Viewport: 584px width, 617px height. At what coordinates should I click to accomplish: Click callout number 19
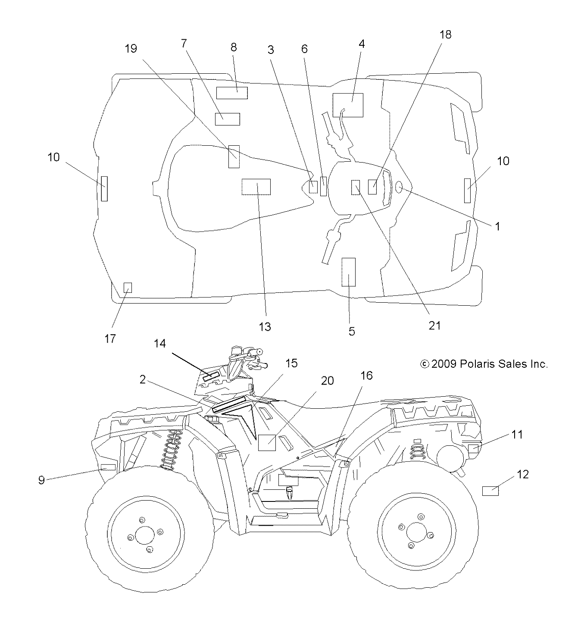pyautogui.click(x=131, y=49)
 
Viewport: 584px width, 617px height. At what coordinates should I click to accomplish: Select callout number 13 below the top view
pyautogui.click(x=265, y=327)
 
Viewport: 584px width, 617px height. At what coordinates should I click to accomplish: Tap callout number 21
pyautogui.click(x=435, y=325)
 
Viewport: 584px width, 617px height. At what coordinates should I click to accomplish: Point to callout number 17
pyautogui.click(x=110, y=339)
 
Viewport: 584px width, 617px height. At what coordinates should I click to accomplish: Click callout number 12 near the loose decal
pyautogui.click(x=522, y=474)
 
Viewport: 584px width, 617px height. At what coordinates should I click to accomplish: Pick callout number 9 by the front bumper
pyautogui.click(x=41, y=480)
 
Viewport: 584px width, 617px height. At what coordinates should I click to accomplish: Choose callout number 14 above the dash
pyautogui.click(x=160, y=343)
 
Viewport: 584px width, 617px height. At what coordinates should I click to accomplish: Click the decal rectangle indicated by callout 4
pyautogui.click(x=348, y=105)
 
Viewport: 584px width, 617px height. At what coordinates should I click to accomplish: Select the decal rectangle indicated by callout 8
pyautogui.click(x=232, y=93)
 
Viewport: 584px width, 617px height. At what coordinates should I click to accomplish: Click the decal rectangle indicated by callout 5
pyautogui.click(x=348, y=272)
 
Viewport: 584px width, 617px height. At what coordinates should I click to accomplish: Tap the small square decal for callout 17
pyautogui.click(x=128, y=288)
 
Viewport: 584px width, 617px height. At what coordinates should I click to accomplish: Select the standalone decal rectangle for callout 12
pyautogui.click(x=490, y=491)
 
